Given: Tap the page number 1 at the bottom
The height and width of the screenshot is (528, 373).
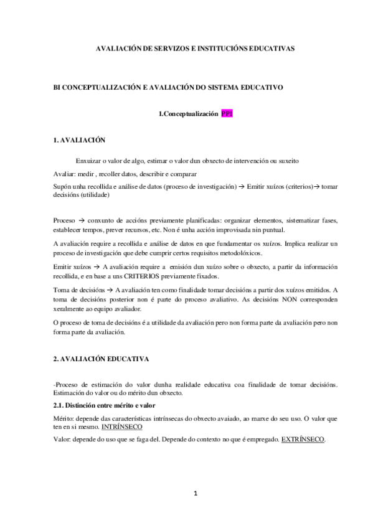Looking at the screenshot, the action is [195, 494].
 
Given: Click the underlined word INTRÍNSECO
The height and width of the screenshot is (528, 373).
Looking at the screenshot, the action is [121, 428].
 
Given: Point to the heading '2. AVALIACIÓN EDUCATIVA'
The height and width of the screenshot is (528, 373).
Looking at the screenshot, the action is [101, 360].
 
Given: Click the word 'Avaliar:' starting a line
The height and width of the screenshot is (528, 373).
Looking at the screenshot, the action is [65, 174].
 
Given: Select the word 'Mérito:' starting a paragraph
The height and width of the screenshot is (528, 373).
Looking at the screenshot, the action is [66, 418].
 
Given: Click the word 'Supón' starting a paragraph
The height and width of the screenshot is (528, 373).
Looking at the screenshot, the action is [64, 186].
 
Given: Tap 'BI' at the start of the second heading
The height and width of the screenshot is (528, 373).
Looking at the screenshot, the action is [58, 88].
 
